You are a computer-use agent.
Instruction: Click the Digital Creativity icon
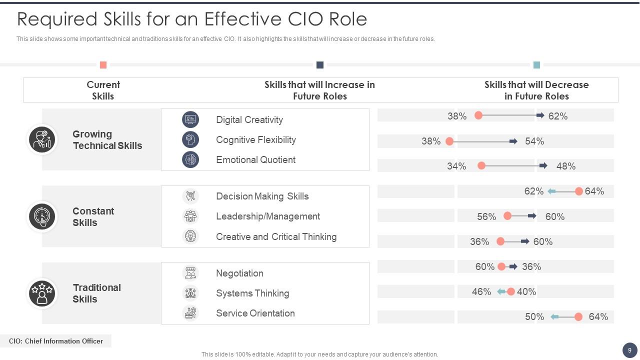point(190,119)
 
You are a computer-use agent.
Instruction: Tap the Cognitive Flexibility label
point(255,139)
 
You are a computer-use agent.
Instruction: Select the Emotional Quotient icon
point(190,159)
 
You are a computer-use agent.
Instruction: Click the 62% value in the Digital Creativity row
point(557,116)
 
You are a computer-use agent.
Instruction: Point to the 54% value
point(534,141)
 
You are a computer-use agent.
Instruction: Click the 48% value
point(565,166)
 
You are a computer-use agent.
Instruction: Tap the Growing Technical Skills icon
point(42,139)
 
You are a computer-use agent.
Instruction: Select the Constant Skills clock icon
point(42,216)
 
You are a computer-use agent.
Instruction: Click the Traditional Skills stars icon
point(42,293)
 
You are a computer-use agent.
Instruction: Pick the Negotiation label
point(239,273)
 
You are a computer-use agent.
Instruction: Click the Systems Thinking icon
point(190,293)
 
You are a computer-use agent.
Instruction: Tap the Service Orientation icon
point(190,313)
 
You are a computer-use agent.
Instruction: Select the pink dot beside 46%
point(511,291)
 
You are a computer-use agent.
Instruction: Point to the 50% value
point(534,316)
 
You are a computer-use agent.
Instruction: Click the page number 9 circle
point(629,350)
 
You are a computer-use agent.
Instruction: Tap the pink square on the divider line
point(103,65)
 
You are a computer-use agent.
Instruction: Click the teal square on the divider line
point(536,65)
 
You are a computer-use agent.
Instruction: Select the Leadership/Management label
point(267,216)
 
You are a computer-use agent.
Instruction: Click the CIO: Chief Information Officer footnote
point(55,341)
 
